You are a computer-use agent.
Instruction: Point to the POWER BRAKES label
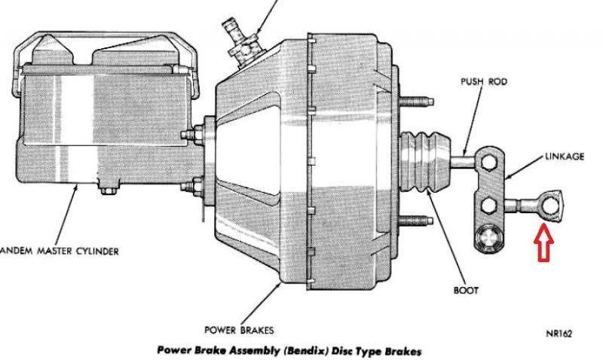240,330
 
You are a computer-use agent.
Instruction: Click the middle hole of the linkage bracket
489,203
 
